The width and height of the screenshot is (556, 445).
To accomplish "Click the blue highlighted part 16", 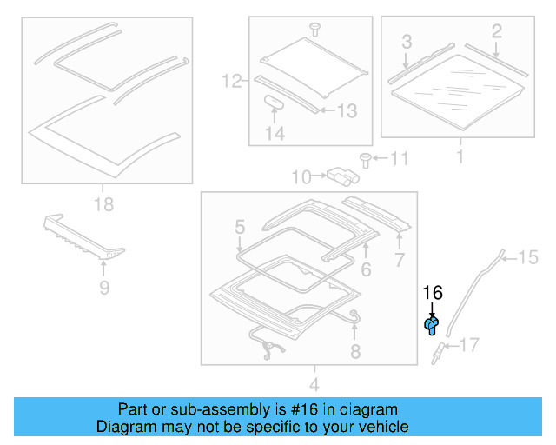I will (431, 325).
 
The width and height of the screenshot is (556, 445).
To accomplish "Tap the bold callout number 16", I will (432, 294).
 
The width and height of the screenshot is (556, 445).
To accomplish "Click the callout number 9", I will (103, 287).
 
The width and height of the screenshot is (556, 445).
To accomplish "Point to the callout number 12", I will (230, 83).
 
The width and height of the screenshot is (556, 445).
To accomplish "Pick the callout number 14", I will (275, 134).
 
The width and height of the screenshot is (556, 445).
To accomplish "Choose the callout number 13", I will (346, 110).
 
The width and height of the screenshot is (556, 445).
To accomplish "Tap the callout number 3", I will (406, 41).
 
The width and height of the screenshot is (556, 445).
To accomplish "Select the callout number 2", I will (496, 32).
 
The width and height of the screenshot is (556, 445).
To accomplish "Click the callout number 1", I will (460, 157).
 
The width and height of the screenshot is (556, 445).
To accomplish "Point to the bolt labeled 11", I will (365, 159).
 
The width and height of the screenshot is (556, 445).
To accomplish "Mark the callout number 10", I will (301, 177).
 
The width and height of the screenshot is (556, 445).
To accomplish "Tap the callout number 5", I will (240, 228).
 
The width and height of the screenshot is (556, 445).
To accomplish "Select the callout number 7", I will (399, 259).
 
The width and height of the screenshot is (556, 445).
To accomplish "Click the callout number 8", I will (354, 351).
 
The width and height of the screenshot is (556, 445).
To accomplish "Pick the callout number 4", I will (314, 383).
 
